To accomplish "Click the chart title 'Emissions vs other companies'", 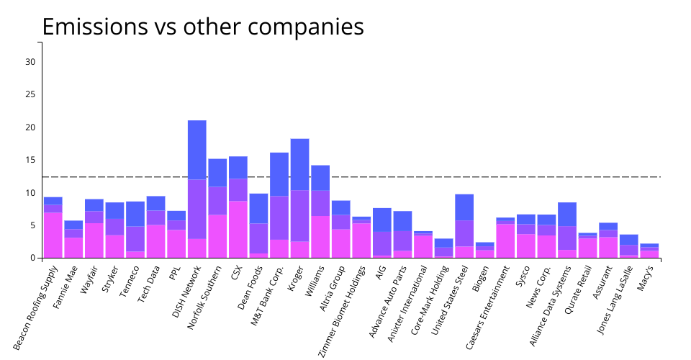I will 202,27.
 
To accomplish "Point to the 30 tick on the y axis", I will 30,62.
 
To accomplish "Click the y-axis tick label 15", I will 30,160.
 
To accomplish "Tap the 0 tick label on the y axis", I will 33,258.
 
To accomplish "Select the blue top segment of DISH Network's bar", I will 197,150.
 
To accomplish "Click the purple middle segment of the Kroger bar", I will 300,215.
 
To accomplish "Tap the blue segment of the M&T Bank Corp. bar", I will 279,174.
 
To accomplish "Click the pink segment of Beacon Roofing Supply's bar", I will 53,235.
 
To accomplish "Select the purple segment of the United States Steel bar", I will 464,233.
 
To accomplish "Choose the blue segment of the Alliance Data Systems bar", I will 567,214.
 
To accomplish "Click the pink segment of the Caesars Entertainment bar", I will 505,240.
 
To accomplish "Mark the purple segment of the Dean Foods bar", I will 259,238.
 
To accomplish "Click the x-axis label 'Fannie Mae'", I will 64,284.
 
